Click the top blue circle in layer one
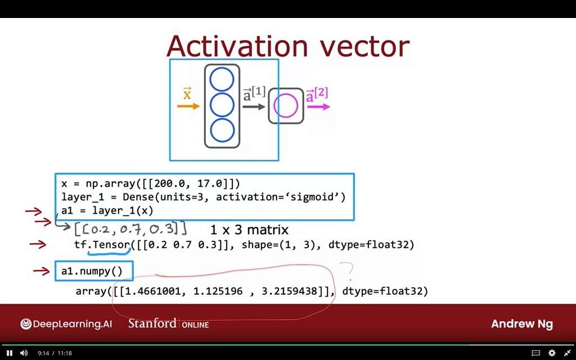222,79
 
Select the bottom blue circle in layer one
222,130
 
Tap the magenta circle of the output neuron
285,105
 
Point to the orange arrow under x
188,106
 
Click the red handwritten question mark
350,272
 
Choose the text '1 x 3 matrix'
249,229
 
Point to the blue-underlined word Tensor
111,245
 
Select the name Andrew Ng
521,324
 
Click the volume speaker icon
24,353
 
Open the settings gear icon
552,353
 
